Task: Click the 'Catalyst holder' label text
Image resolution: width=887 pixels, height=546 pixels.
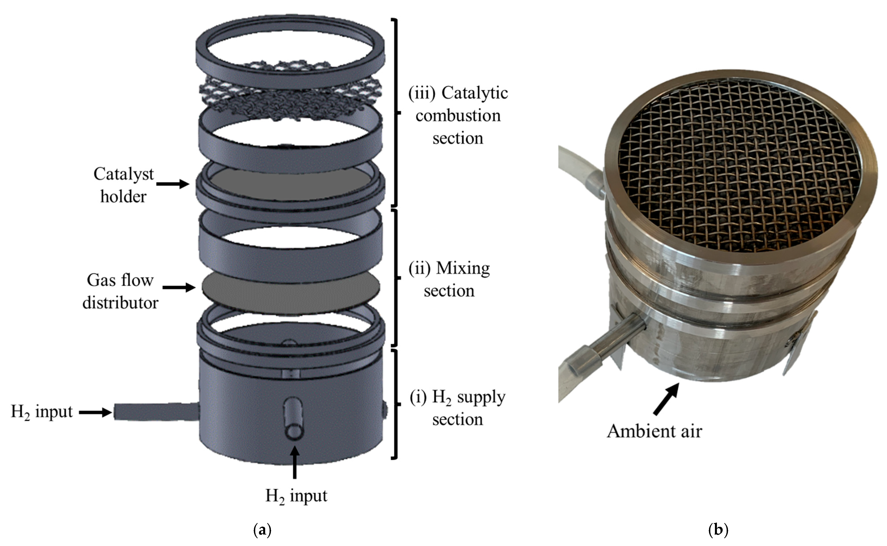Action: click(124, 185)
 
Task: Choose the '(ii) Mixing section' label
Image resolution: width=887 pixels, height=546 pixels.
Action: click(449, 280)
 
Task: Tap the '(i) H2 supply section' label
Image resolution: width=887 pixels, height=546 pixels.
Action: click(458, 408)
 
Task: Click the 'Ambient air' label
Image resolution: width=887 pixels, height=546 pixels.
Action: click(654, 431)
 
